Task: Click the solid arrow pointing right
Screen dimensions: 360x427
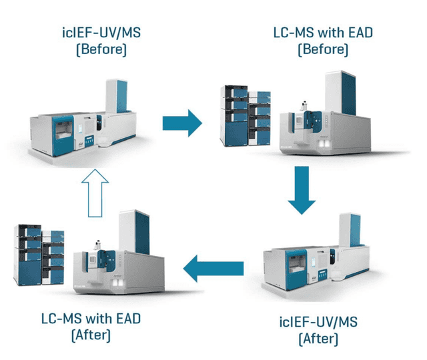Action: [x=181, y=122]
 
